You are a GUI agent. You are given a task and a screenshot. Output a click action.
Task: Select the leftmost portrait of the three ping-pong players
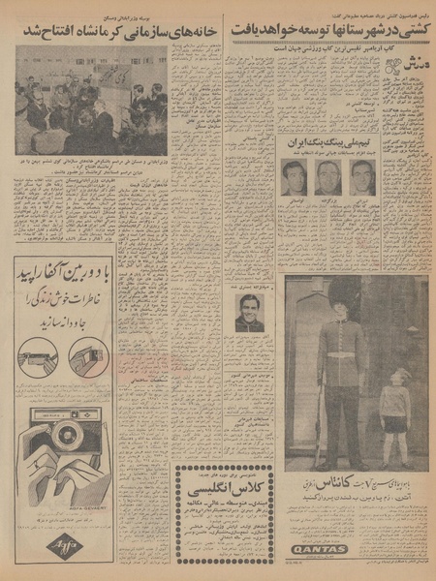(296, 177)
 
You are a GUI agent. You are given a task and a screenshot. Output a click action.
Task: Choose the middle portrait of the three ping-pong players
(328, 177)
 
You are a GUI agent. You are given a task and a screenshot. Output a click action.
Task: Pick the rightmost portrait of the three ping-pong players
(362, 177)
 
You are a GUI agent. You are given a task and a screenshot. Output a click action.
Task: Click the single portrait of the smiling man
(249, 312)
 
